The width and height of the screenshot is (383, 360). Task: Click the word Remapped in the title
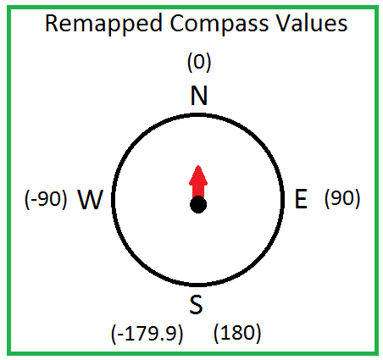click(103, 25)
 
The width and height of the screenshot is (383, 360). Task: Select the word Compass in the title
click(219, 25)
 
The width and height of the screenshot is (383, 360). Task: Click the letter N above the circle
click(199, 95)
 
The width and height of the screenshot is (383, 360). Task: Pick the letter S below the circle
click(196, 304)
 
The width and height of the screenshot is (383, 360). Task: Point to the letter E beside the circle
click(301, 199)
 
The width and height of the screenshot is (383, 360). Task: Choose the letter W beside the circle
click(90, 199)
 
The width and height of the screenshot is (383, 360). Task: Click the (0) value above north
click(199, 63)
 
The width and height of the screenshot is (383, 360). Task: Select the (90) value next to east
click(342, 198)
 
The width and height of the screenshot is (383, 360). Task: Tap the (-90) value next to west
click(46, 199)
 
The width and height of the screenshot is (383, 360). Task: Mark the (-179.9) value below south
click(147, 334)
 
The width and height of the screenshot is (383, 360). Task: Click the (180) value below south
click(237, 333)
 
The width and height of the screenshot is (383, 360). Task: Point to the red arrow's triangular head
click(198, 175)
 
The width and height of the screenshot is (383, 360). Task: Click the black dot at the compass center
click(198, 205)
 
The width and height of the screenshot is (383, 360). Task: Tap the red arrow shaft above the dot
click(198, 191)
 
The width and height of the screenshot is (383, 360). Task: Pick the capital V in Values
click(284, 23)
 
